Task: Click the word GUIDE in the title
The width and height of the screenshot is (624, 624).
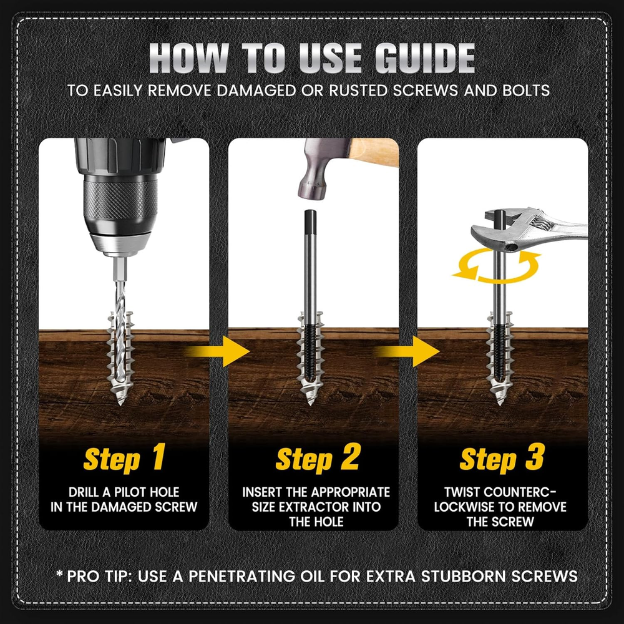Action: point(424,58)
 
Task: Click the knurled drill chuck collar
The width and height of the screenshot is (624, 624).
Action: point(120,198)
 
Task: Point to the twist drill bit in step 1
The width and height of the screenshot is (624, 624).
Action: point(120,338)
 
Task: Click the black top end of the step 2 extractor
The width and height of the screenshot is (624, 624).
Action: point(310,223)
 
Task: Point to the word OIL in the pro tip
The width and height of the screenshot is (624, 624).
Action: point(314,576)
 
